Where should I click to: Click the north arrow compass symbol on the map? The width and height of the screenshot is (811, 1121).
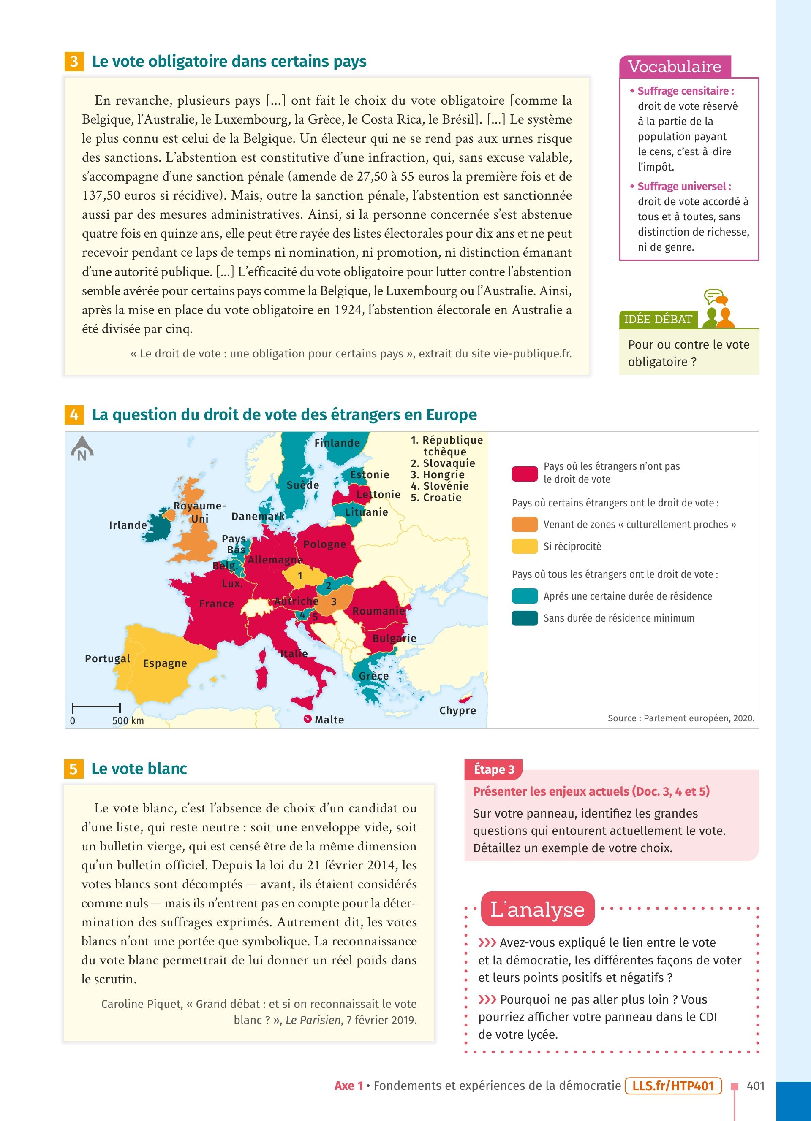[82, 448]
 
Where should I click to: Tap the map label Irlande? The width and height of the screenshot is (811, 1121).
[128, 525]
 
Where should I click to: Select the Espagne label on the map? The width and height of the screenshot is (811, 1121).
[165, 663]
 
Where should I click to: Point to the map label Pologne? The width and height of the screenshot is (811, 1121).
[324, 544]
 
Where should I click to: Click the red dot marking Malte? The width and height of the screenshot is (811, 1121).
[308, 719]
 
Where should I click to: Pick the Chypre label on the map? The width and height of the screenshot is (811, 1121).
[457, 710]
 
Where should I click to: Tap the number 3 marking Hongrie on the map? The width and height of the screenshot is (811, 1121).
[334, 601]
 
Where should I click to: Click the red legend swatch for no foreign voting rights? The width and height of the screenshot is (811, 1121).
[524, 473]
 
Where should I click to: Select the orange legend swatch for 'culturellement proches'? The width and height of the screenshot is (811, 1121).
[524, 525]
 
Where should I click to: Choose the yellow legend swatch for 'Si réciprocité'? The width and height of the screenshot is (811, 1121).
[524, 546]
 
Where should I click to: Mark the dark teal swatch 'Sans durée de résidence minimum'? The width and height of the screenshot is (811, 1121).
[524, 618]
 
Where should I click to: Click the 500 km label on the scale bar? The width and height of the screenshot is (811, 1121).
[128, 720]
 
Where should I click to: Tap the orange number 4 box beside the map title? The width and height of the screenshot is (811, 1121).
[73, 414]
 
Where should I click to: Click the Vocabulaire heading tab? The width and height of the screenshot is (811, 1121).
[675, 67]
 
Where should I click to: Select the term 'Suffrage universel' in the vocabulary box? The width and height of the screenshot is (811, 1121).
[684, 186]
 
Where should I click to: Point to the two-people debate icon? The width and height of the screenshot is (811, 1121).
[718, 310]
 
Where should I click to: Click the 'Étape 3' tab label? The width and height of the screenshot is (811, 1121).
[493, 769]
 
